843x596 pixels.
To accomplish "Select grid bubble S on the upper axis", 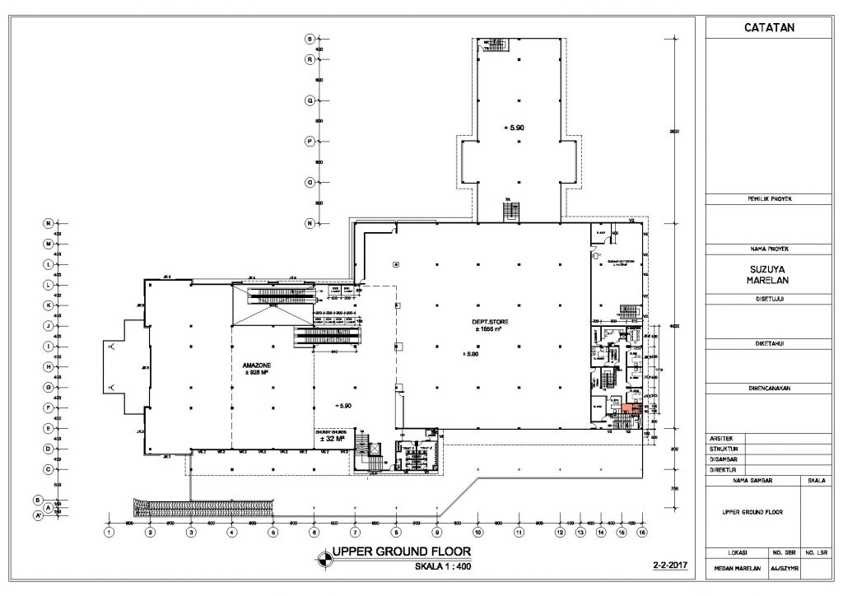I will (310, 39).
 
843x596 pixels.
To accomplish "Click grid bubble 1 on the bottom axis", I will (109, 533).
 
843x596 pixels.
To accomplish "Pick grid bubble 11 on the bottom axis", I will (519, 533).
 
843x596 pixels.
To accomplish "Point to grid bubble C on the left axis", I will (49, 469).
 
